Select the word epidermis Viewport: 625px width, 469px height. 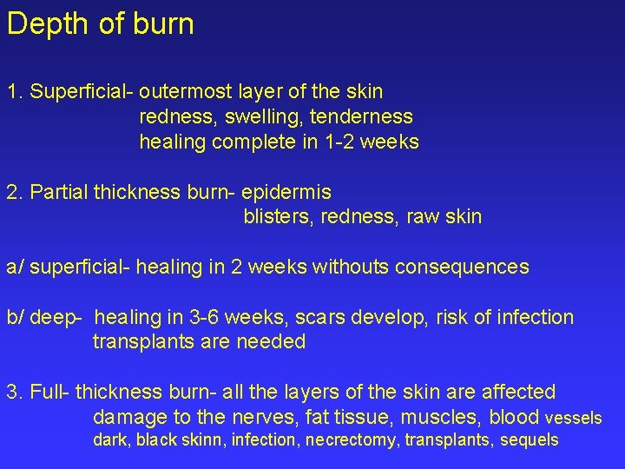pyautogui.click(x=286, y=191)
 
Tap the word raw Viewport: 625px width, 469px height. pyautogui.click(x=418, y=216)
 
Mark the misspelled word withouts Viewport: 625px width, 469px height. pyautogui.click(x=351, y=267)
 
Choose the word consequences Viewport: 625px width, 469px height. pyautogui.click(x=462, y=267)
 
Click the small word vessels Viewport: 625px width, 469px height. pyautogui.click(x=573, y=419)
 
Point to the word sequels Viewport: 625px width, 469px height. pyautogui.click(x=530, y=440)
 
